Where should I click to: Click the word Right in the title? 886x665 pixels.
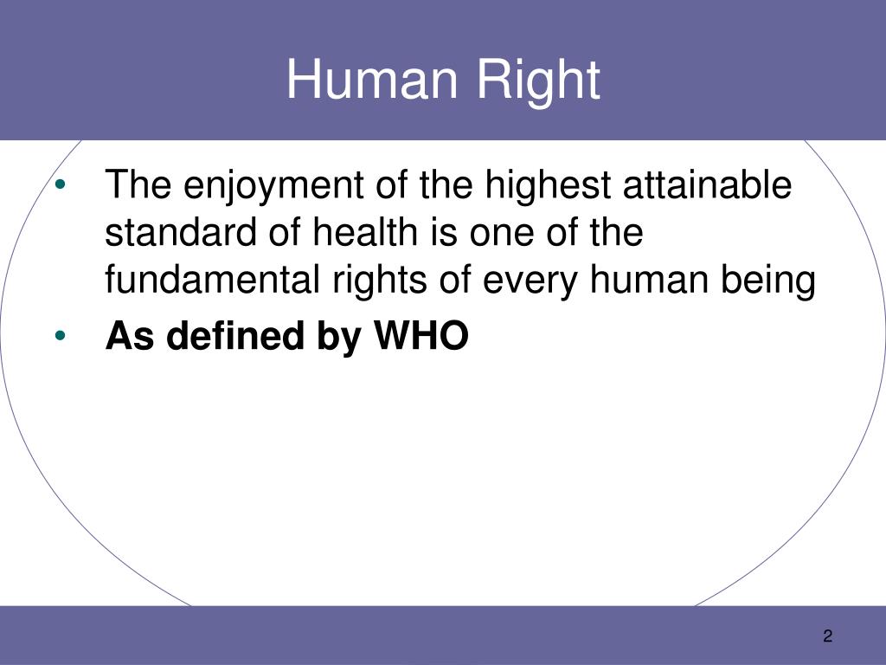point(538,82)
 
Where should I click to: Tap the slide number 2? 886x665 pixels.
point(828,636)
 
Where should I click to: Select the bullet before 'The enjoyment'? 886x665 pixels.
point(61,184)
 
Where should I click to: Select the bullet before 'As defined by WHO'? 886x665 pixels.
point(61,336)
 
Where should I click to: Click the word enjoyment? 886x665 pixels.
point(273,185)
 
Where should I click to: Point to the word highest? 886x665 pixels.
point(548,185)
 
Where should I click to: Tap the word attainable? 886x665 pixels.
point(707,184)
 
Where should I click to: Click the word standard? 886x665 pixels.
point(181,232)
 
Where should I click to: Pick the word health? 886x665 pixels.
point(366,232)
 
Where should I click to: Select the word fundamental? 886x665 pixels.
point(213,280)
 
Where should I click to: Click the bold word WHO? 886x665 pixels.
point(421,336)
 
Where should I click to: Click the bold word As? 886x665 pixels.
point(130,336)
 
